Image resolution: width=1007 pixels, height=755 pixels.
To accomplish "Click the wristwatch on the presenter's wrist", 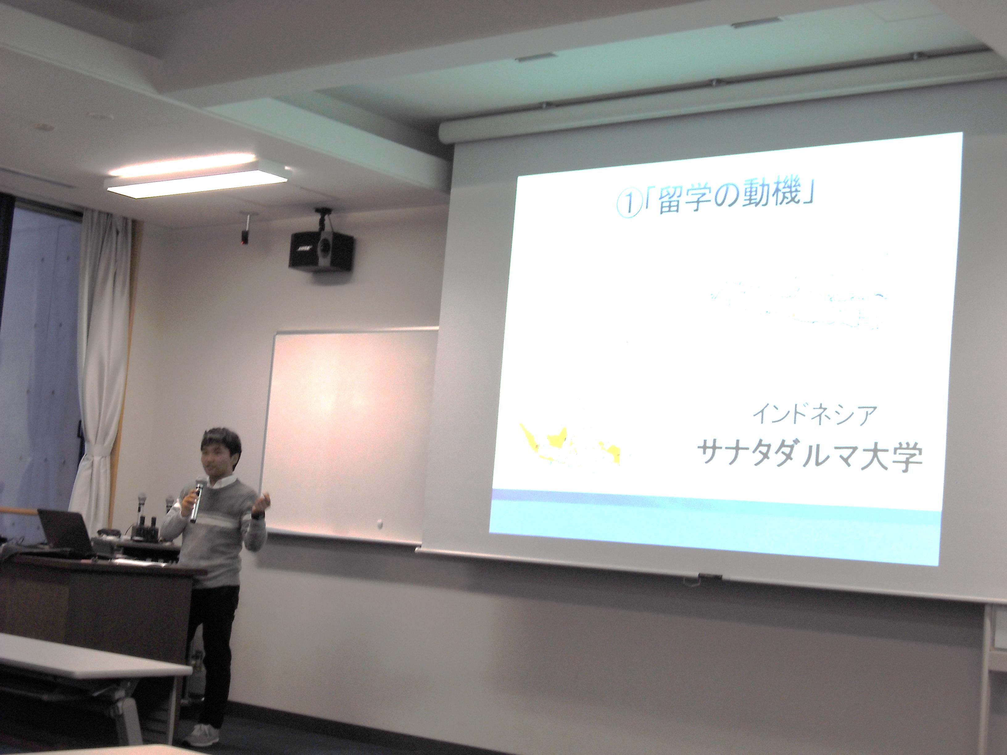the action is [x=257, y=516].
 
